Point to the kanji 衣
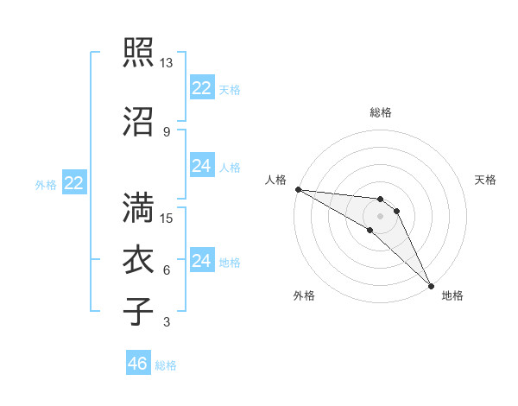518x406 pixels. click(x=139, y=259)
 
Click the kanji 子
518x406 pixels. click(x=139, y=311)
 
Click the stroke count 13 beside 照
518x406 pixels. click(x=167, y=63)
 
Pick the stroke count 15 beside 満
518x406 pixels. click(x=167, y=219)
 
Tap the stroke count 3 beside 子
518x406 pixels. click(x=167, y=323)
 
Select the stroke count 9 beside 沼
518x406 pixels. click(x=167, y=132)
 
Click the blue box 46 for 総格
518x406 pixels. click(x=138, y=364)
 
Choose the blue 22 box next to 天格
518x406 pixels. click(x=202, y=88)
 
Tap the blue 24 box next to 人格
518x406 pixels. click(x=202, y=166)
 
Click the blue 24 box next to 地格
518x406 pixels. click(x=202, y=261)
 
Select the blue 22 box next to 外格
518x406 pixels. click(x=74, y=183)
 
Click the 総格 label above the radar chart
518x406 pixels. click(x=381, y=112)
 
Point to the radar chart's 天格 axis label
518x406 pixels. click(x=486, y=180)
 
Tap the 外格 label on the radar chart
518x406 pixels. click(x=304, y=295)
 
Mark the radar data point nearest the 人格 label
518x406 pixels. click(x=298, y=189)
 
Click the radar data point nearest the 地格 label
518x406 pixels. click(x=430, y=285)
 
